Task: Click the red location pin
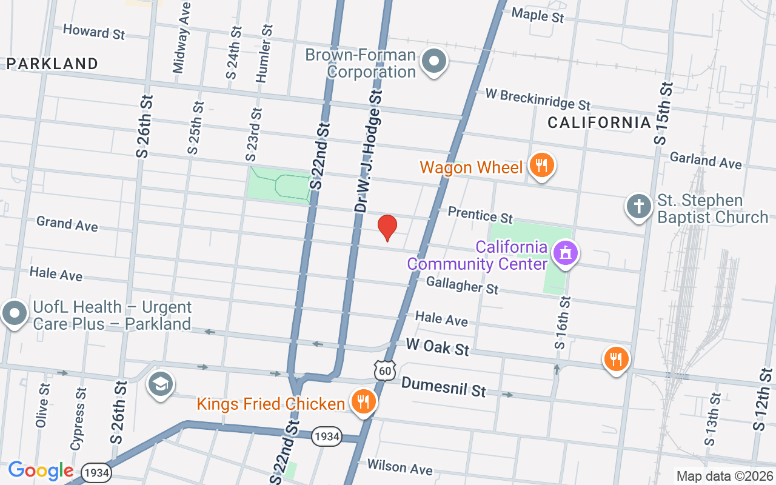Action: click(x=387, y=227)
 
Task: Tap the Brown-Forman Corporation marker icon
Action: click(x=434, y=62)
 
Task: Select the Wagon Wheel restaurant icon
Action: click(x=541, y=166)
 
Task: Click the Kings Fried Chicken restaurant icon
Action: click(x=363, y=402)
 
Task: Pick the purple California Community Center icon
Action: click(x=565, y=254)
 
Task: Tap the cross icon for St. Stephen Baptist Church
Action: click(x=638, y=207)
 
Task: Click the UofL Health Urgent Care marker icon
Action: click(x=14, y=314)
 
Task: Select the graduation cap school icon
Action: click(x=161, y=384)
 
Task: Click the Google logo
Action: click(x=41, y=470)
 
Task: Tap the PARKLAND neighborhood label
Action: click(x=53, y=64)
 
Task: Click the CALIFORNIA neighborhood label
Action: click(x=599, y=122)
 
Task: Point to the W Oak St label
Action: click(x=438, y=347)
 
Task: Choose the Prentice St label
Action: click(x=480, y=215)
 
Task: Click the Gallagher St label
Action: click(x=462, y=284)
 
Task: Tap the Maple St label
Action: click(x=538, y=15)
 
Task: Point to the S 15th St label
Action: click(x=664, y=112)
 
